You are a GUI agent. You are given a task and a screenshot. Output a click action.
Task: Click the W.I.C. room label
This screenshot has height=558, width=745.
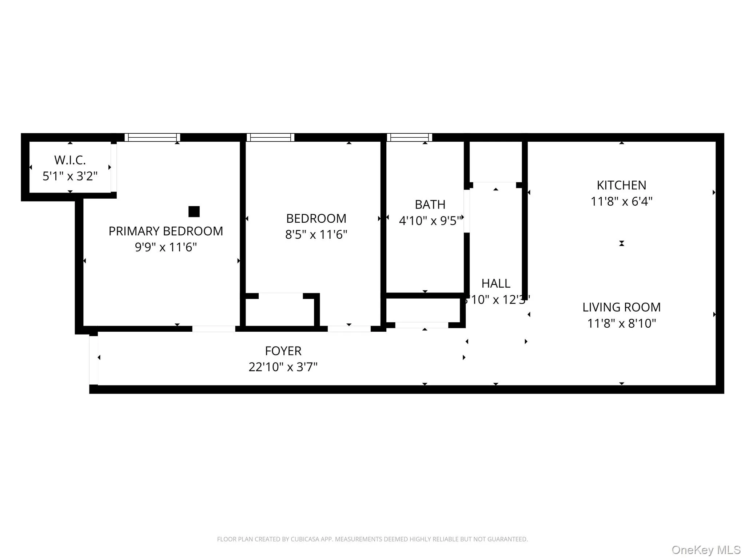[70, 160]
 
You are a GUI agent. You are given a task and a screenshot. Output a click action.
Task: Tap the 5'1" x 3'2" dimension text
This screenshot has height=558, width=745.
[70, 176]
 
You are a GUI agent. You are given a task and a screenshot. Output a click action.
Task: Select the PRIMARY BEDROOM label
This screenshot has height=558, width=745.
[166, 231]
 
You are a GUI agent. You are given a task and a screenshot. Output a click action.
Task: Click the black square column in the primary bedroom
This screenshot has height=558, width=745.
[194, 211]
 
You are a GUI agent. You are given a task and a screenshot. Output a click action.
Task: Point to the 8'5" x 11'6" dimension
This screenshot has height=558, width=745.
[316, 234]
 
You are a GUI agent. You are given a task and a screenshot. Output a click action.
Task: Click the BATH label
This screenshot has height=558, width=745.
[430, 205]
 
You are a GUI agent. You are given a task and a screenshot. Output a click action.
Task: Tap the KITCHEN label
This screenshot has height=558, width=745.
[621, 185]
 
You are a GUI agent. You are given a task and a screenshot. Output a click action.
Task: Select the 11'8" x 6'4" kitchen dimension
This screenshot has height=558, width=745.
[621, 201]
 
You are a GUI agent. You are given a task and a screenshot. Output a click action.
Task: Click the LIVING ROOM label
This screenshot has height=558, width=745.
[621, 307]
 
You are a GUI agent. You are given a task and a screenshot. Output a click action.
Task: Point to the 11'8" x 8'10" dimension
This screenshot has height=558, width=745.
[621, 323]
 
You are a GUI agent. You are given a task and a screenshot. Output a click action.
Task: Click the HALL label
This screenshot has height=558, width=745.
[496, 283]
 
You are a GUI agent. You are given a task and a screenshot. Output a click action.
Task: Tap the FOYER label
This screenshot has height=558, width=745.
[283, 351]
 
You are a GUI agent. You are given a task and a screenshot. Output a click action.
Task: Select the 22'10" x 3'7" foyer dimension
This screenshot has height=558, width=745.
[283, 367]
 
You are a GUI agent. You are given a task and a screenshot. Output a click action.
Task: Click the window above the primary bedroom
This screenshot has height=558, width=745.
[152, 137]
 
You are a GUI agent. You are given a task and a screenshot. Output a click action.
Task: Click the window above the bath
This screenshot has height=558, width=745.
[409, 137]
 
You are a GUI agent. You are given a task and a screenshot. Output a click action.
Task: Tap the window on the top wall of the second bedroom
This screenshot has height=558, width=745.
[270, 137]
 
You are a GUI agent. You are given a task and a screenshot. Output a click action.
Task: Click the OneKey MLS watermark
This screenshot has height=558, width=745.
[706, 550]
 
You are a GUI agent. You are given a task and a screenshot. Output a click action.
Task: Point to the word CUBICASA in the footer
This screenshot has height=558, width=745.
[305, 539]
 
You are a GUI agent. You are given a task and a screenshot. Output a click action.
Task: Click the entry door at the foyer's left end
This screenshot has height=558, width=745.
[93, 360]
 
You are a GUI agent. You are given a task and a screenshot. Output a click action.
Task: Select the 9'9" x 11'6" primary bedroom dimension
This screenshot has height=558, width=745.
[166, 247]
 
